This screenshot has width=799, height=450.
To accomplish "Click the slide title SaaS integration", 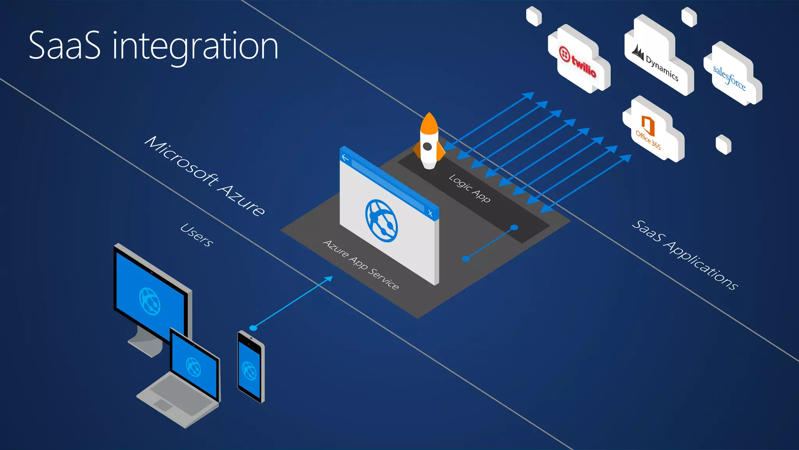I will (153, 46).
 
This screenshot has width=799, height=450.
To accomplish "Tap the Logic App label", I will (469, 188).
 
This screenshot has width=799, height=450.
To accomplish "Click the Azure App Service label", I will (361, 265).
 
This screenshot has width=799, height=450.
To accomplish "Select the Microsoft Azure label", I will (205, 175).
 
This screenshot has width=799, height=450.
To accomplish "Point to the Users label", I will (197, 235).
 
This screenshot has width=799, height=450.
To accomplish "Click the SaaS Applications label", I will (685, 255).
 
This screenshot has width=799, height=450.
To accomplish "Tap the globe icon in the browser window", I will (381, 221).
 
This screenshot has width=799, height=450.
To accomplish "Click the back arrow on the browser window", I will (345, 157).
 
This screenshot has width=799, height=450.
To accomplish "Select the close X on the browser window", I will (430, 213).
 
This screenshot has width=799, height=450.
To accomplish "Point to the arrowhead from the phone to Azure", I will (329, 279).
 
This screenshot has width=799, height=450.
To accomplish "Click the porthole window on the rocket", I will (427, 146).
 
